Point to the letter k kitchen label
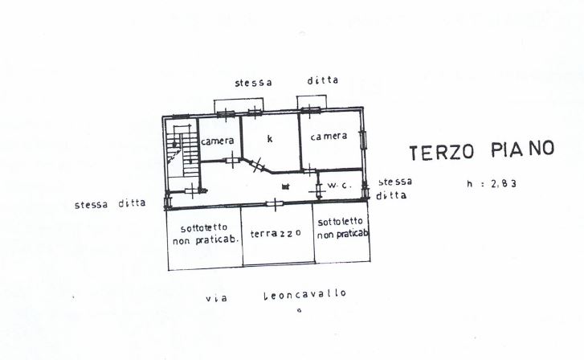(x=270, y=138)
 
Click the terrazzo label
(x=276, y=233)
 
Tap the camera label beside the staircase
(x=218, y=141)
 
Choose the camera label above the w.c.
(x=329, y=136)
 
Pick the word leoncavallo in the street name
(x=305, y=293)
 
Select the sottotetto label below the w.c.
(x=341, y=228)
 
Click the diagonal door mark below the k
(x=256, y=165)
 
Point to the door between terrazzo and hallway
(x=276, y=203)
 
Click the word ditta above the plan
(x=323, y=80)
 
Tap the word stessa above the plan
(x=253, y=83)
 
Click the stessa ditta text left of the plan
(x=110, y=203)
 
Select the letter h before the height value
(x=471, y=184)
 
